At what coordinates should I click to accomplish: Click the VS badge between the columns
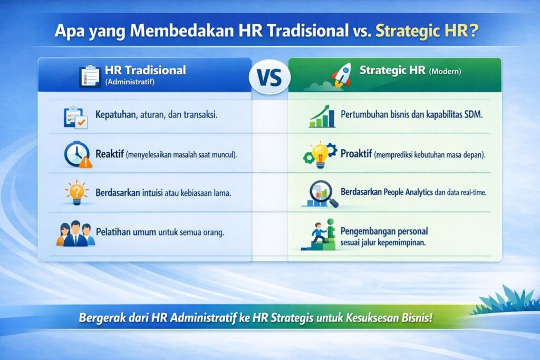[x=269, y=77]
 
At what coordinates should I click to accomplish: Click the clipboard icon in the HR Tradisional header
[x=90, y=76]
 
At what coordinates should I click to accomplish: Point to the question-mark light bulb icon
[x=76, y=192]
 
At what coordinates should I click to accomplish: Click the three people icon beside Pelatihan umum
[x=75, y=233]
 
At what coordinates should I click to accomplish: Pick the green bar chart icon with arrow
[x=322, y=116]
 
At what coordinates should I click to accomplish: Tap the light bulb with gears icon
[x=320, y=154]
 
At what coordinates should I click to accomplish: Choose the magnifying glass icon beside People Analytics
[x=320, y=194]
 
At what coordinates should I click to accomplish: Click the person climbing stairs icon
[x=319, y=235]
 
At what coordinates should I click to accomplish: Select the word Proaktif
[x=356, y=154]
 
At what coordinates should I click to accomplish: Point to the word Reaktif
[x=110, y=154]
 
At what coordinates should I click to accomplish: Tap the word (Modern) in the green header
[x=445, y=72]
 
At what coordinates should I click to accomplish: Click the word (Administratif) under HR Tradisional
[x=130, y=82]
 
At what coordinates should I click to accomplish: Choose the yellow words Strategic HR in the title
[x=422, y=31]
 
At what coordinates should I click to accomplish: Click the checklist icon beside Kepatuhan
[x=76, y=118]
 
